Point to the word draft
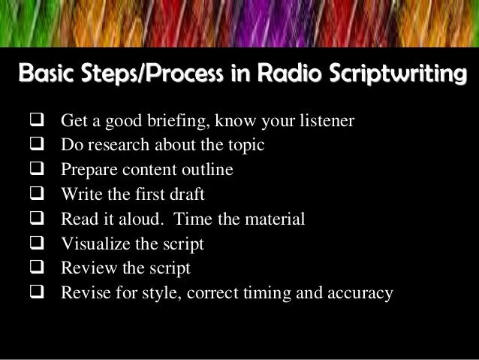[187, 195]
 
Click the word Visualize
[95, 244]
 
